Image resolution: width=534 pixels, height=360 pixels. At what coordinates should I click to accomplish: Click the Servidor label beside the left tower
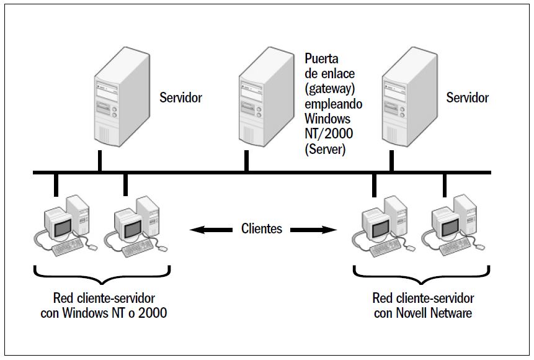pos(180,97)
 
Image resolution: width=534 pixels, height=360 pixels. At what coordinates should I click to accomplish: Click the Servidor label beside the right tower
pos(468,97)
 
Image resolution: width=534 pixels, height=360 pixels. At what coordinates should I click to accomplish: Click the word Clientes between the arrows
pos(261,229)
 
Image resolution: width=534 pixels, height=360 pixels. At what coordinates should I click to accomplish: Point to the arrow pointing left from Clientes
pos(208,230)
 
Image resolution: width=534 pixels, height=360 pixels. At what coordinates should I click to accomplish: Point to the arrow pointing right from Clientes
pos(314,230)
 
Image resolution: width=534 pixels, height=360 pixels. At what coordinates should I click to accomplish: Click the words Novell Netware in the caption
pos(433,312)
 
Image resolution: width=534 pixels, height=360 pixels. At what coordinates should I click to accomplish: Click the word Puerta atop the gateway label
pos(321,59)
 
